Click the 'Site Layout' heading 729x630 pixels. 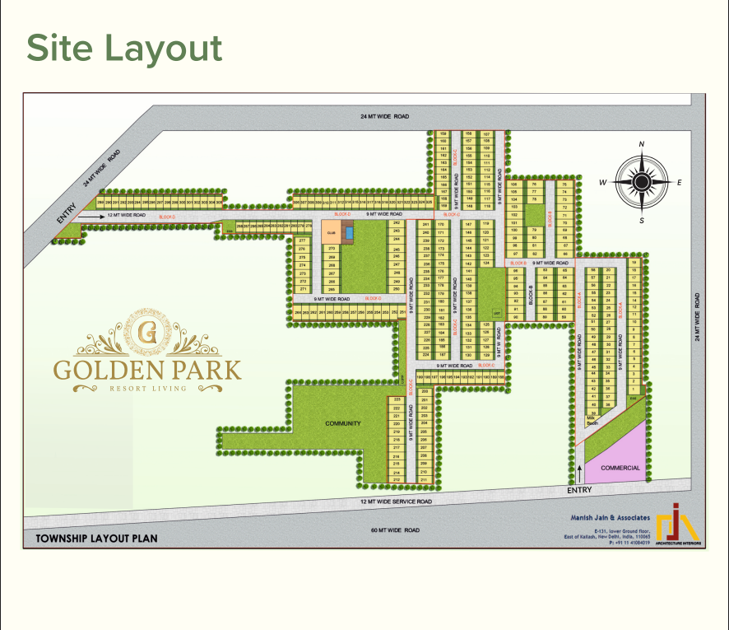(124, 49)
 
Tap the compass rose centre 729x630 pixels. (642, 182)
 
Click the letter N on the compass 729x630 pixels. (642, 145)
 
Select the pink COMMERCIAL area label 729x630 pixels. (620, 468)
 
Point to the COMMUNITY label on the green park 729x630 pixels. (343, 423)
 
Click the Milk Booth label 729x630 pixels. (592, 420)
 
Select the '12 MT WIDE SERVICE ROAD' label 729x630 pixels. (397, 502)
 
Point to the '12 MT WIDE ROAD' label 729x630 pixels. (127, 215)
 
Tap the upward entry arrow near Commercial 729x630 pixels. (579, 473)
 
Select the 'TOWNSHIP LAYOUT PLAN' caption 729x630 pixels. (95, 539)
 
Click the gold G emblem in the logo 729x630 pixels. (147, 331)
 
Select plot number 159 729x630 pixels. (443, 133)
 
